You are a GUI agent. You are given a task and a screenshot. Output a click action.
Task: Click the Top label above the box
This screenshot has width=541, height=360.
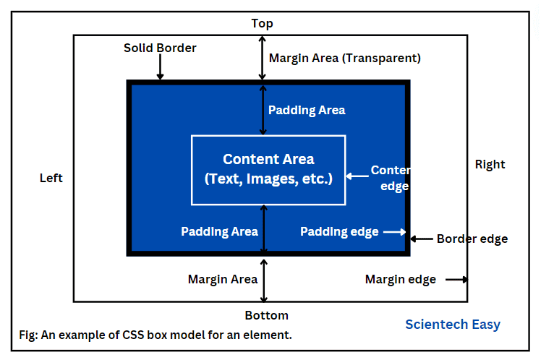click(x=263, y=23)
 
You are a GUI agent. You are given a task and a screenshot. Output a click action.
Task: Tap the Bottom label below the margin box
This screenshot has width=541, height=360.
click(x=267, y=315)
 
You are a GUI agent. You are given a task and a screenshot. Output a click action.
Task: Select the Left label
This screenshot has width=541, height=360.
click(x=51, y=178)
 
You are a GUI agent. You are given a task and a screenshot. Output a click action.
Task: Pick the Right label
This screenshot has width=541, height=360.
click(x=490, y=165)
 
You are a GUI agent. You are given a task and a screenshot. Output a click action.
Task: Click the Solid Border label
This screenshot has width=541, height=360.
click(x=160, y=48)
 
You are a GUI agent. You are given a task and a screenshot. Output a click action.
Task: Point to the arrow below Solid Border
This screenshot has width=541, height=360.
click(x=160, y=67)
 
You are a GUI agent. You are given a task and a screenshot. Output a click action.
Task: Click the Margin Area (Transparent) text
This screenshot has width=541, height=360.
click(x=345, y=59)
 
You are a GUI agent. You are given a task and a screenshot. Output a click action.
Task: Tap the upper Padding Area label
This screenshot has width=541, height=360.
click(x=307, y=110)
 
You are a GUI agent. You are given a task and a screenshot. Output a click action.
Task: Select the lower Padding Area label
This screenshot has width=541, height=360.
click(x=219, y=231)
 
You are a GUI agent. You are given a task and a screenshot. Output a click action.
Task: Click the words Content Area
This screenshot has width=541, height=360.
click(x=268, y=159)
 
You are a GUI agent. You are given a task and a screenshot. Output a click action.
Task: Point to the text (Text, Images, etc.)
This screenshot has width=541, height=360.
click(x=268, y=179)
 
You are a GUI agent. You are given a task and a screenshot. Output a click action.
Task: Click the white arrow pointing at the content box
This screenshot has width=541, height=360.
click(x=357, y=176)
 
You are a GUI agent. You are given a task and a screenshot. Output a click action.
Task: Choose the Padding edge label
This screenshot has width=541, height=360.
click(x=339, y=232)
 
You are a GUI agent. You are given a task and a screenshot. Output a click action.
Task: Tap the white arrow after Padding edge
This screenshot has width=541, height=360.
click(x=395, y=232)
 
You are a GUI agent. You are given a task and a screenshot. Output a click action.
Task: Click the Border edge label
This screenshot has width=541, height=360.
click(x=472, y=239)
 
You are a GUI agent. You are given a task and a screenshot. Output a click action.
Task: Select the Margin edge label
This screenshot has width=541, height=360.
click(x=401, y=279)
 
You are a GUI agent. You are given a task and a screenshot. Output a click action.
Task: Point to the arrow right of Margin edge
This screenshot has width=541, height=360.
click(x=457, y=279)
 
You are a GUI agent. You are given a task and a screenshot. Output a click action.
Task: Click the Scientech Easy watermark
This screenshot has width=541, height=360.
click(x=453, y=325)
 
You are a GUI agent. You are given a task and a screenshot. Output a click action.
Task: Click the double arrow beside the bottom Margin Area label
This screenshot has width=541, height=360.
click(x=264, y=280)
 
